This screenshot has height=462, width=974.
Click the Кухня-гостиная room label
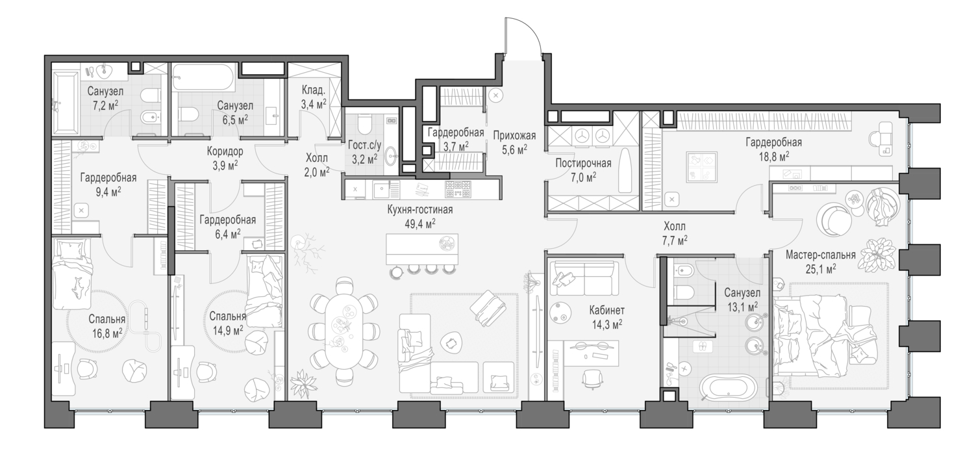point(420,210)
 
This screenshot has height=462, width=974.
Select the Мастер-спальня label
point(820,255)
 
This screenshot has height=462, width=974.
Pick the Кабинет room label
point(606,310)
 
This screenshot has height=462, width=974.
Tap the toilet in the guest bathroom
point(364,123)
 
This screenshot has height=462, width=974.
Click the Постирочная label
point(583,164)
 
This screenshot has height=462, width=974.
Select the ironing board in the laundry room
point(625,170)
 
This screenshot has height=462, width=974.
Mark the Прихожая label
point(514,136)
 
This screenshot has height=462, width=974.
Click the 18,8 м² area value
point(774,157)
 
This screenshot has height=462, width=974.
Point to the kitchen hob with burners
point(458,190)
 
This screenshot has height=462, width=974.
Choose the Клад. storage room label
point(314,90)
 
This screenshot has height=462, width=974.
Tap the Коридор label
point(225,152)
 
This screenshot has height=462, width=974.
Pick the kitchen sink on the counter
point(382,190)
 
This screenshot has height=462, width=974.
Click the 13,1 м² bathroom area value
point(742,307)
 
